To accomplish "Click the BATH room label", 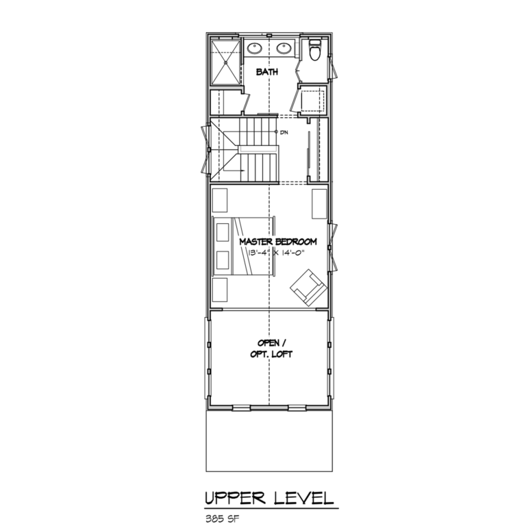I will coord(267,71).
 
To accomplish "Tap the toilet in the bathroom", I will coord(315,51).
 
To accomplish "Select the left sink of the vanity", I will coord(254,48).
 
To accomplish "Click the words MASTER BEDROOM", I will coord(277,242).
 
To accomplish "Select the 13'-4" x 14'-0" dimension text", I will coord(277,253).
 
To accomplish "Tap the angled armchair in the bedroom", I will coord(307,286).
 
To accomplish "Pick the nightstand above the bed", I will coord(220,200).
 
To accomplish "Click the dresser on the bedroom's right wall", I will coord(319,203).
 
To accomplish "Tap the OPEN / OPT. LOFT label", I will coord(268,348).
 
